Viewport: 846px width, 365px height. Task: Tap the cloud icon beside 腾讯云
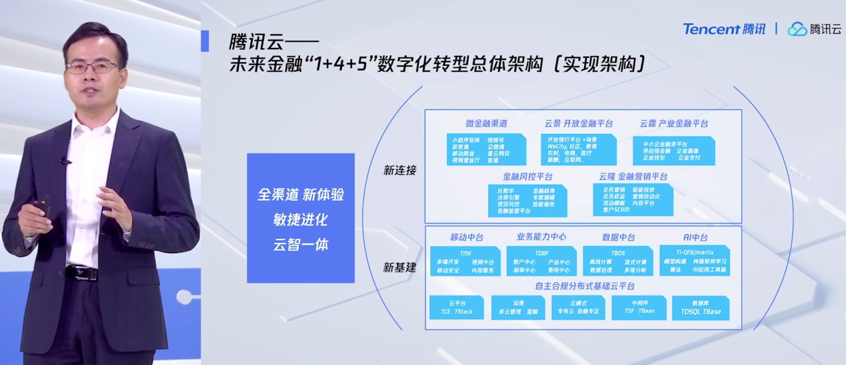[797, 29]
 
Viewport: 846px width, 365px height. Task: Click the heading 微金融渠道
[486, 123]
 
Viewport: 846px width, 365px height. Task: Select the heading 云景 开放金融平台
[578, 123]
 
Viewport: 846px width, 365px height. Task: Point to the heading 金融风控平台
[527, 177]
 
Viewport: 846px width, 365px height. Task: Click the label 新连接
[399, 170]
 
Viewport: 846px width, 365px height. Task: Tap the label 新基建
[399, 268]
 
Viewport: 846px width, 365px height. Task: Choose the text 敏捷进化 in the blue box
[301, 220]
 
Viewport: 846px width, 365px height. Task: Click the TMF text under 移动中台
[465, 254]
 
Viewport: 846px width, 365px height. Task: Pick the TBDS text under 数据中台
[617, 254]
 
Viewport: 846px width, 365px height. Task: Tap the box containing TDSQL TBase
[700, 308]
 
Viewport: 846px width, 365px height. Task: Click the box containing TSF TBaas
[639, 308]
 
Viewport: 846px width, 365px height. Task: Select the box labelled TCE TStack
[456, 308]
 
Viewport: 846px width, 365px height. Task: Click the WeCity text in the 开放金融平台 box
[557, 146]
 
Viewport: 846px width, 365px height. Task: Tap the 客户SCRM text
[616, 210]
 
